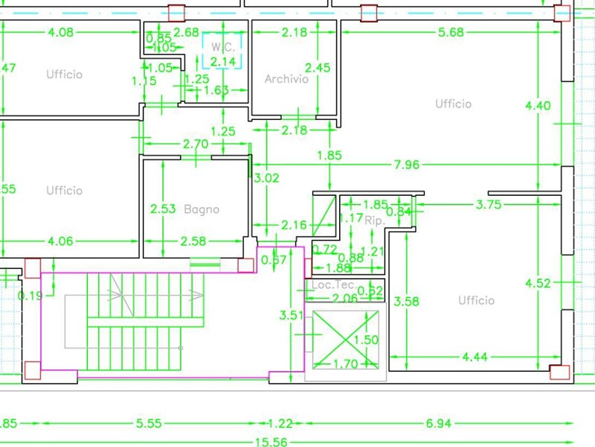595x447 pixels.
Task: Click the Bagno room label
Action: pos(202,209)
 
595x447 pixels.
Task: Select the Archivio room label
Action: pos(286,79)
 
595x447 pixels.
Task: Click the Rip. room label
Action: pos(374,221)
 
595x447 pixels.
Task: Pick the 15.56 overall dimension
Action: pos(271,442)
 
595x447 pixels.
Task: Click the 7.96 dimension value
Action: pos(407,164)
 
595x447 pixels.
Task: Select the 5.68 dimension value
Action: pos(451,32)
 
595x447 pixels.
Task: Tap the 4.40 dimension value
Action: pos(538,106)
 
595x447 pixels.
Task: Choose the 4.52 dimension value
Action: pos(538,283)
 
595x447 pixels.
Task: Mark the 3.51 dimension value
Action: pos(291,316)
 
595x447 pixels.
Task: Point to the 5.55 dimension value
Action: pos(149,423)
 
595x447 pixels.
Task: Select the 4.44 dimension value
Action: pos(475,358)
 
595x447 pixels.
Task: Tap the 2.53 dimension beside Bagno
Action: pos(163,209)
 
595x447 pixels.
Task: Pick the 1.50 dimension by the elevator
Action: pos(366,340)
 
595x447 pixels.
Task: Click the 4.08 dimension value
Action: pos(60,32)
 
